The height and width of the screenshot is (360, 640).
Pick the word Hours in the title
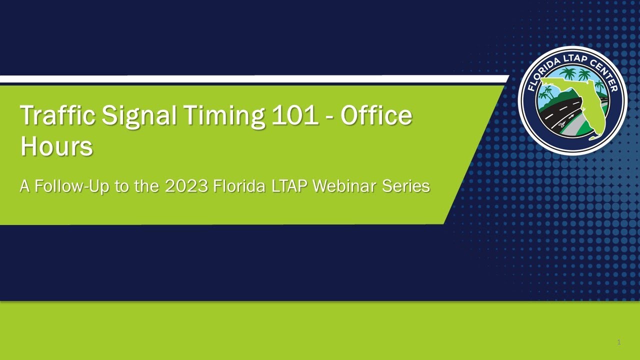(56, 146)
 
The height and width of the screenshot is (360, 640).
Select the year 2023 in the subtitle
(186, 186)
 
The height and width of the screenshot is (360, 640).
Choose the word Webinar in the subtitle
(345, 186)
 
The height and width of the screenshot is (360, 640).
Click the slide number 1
(618, 342)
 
